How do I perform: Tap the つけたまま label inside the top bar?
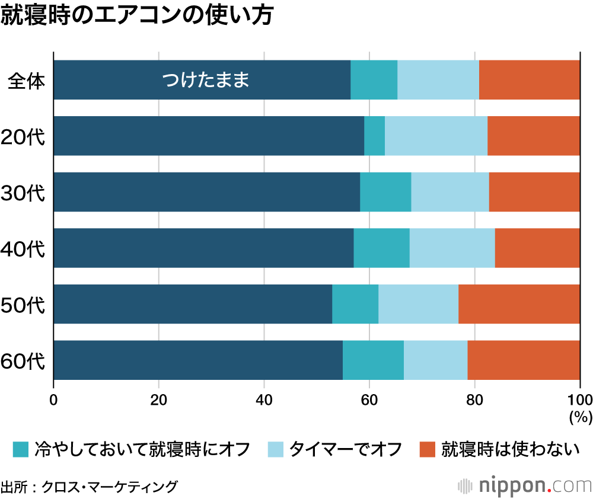(205, 79)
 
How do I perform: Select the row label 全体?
(26, 80)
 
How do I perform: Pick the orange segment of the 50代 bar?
(519, 304)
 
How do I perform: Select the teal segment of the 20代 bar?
(374, 136)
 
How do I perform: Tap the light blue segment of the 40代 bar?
(452, 248)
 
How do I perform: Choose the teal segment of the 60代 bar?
(373, 360)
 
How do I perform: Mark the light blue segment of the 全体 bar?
(438, 79)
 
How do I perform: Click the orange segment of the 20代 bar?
(533, 136)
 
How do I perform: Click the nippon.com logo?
(525, 485)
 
